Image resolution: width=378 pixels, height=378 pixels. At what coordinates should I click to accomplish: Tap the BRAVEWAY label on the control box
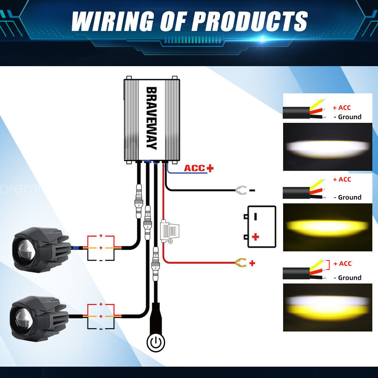click(152, 118)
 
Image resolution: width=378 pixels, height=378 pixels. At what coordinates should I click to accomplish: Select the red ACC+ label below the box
click(199, 168)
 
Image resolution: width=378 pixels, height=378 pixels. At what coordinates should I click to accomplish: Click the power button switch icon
click(156, 342)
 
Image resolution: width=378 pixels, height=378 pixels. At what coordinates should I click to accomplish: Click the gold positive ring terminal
click(240, 263)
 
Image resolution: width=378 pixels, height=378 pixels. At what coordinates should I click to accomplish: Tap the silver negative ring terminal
click(240, 190)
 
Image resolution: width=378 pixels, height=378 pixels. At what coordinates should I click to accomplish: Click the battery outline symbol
click(260, 226)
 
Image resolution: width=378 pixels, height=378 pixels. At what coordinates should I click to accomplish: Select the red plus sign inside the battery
click(256, 237)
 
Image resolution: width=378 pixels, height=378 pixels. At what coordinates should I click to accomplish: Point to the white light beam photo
click(328, 147)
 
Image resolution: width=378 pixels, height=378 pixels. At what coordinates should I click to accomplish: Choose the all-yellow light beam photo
click(328, 227)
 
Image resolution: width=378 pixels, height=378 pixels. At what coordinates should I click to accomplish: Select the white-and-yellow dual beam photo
click(328, 307)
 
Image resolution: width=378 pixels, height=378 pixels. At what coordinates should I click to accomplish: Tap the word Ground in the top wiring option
click(350, 117)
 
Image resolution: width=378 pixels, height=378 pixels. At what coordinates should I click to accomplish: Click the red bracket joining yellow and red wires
click(328, 265)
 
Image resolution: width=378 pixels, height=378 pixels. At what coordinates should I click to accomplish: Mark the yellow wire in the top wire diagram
click(317, 104)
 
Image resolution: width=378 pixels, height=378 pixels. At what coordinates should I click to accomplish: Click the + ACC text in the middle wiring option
click(342, 179)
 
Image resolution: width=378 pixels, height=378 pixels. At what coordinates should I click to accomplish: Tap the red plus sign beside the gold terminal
click(252, 263)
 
